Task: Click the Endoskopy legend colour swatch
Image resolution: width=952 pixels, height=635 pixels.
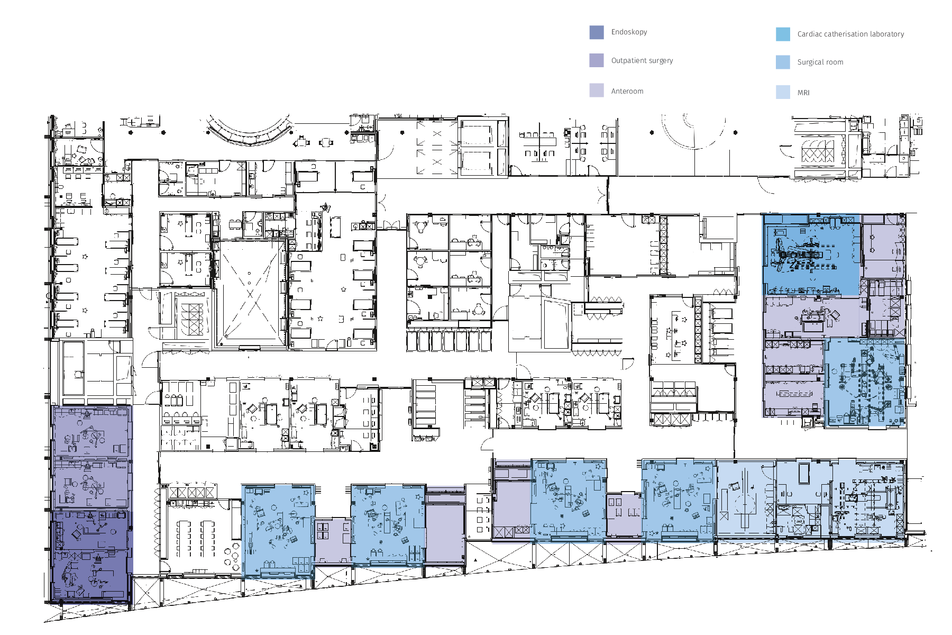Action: (596, 32)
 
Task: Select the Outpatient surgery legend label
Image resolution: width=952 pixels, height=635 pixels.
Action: (642, 60)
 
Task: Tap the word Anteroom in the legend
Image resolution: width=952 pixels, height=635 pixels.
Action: (627, 91)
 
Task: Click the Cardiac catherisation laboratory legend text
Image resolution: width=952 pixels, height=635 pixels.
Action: (850, 34)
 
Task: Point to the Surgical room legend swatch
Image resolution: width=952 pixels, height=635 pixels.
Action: (783, 62)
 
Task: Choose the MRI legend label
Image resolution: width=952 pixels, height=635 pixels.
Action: (803, 93)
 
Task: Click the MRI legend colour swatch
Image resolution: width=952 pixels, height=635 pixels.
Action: (783, 92)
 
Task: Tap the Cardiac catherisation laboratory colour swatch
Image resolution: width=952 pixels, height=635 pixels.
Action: (783, 34)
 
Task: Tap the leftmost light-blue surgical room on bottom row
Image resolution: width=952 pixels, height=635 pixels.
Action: (278, 529)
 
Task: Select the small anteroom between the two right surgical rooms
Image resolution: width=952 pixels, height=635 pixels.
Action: (624, 513)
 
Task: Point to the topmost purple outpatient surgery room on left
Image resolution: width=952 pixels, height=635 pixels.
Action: (91, 432)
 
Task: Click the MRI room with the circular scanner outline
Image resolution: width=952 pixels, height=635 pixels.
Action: (746, 500)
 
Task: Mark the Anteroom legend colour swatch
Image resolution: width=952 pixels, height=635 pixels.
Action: (596, 90)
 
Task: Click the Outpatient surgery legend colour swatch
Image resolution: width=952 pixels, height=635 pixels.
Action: (596, 60)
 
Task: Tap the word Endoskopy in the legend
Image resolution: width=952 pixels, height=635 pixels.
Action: (629, 32)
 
